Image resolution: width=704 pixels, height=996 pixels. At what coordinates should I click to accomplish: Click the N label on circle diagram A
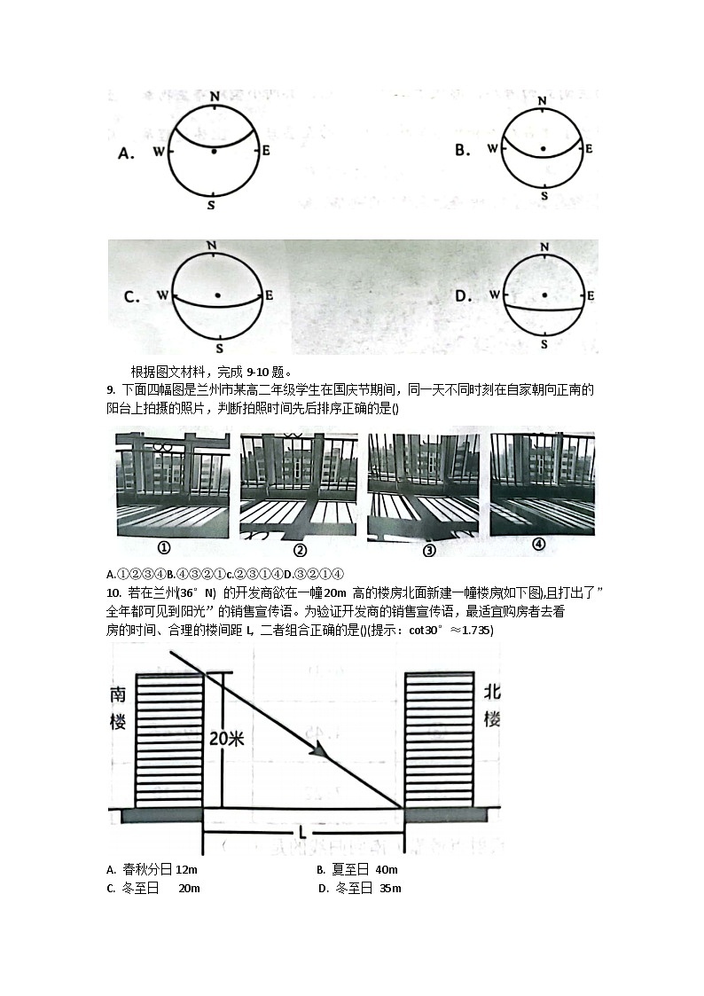click(215, 95)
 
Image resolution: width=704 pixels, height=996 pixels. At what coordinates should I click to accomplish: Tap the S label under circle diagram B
click(544, 194)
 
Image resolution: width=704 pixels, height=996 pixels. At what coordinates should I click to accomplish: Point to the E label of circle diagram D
click(591, 295)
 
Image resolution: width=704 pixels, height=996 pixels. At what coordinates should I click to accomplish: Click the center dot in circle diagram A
click(214, 152)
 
